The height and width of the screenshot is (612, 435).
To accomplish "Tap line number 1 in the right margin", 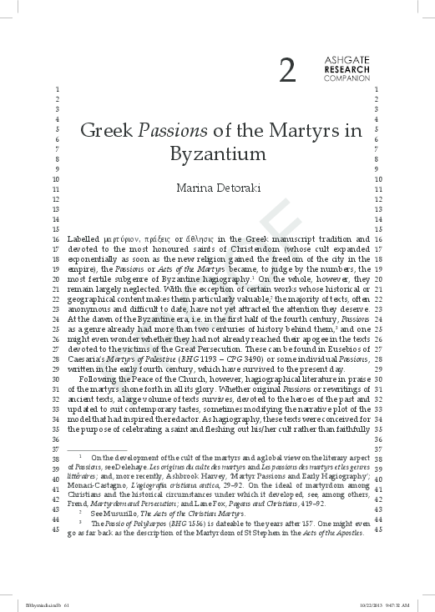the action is pos(379,88).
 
